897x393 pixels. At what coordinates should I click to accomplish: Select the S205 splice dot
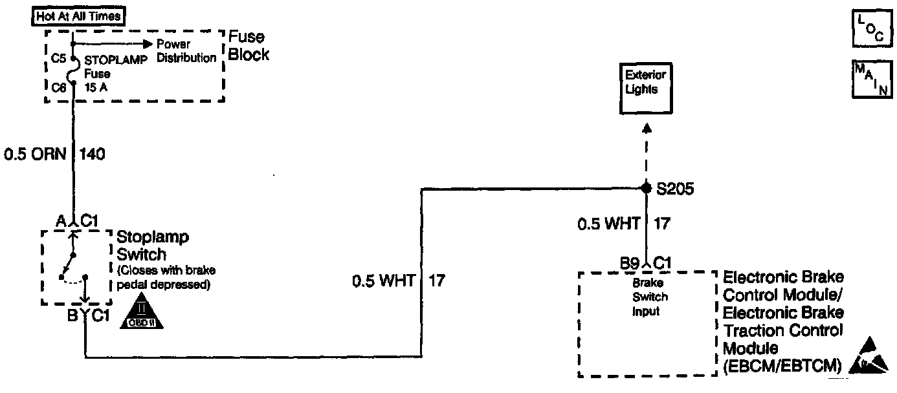tap(645, 188)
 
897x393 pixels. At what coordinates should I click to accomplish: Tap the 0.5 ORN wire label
tap(36, 154)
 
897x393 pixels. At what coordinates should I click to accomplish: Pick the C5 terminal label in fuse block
tap(58, 58)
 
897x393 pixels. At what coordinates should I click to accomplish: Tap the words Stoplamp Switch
tap(152, 246)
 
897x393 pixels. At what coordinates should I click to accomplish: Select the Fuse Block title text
tap(249, 46)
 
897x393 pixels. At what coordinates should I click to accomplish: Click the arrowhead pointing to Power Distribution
tap(148, 44)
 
